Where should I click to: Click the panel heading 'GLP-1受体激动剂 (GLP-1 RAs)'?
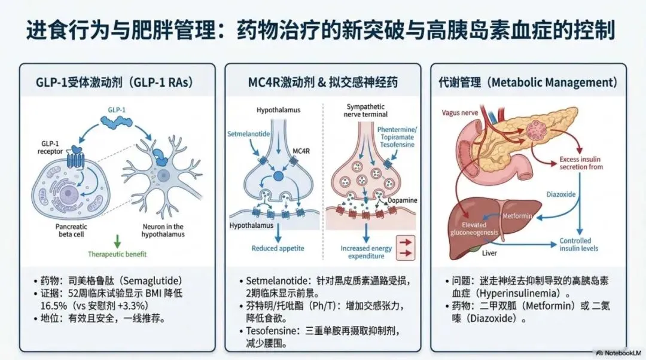point(118,82)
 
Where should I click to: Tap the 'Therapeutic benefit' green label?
point(117,254)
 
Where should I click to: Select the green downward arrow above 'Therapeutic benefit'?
point(117,242)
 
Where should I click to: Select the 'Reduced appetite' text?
point(278,248)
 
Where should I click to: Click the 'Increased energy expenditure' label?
point(366,252)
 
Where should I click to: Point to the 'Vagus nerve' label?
point(459,112)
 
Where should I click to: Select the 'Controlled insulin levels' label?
point(578,245)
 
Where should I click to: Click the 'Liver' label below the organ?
point(490,254)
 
